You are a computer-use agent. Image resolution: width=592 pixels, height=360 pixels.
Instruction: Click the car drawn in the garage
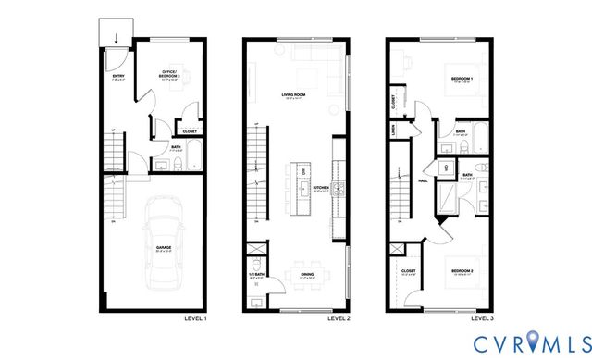click(x=162, y=243)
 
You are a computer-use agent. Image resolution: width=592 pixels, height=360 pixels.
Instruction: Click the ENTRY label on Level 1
click(x=118, y=76)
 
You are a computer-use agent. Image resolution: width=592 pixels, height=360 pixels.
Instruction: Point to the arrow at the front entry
click(x=116, y=39)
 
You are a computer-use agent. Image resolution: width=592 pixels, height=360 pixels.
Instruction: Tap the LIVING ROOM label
click(x=295, y=94)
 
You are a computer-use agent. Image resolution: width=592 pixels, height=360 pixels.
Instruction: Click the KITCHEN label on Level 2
click(x=320, y=187)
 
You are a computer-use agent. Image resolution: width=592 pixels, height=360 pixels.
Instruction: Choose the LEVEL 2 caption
click(x=339, y=318)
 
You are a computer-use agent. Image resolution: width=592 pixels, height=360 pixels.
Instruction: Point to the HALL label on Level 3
click(x=423, y=180)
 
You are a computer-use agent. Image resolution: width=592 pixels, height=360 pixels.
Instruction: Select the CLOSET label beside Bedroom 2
click(x=408, y=270)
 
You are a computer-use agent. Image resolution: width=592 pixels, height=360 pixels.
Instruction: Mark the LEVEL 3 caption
click(x=482, y=318)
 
